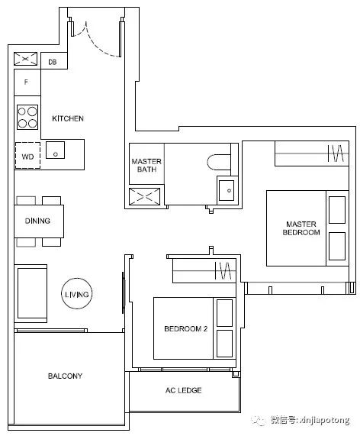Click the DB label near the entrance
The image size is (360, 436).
52,62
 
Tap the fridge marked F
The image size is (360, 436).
27,82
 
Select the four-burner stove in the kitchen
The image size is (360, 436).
27,117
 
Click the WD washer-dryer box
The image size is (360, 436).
27,156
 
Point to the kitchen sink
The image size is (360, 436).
55,150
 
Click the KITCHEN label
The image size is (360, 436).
68,118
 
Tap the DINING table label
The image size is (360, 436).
37,221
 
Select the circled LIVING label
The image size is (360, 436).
77,294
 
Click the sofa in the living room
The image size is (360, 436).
31,293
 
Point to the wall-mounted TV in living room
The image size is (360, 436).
123,292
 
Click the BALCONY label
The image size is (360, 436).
65,376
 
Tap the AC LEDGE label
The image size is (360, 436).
183,390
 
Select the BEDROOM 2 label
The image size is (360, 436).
185,328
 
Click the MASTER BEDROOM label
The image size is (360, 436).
301,228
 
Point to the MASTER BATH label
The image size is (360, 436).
146,165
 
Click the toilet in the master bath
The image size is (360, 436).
219,162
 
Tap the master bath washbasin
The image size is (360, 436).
227,190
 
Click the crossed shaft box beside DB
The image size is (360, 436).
25,59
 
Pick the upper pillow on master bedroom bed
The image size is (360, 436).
337,210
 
